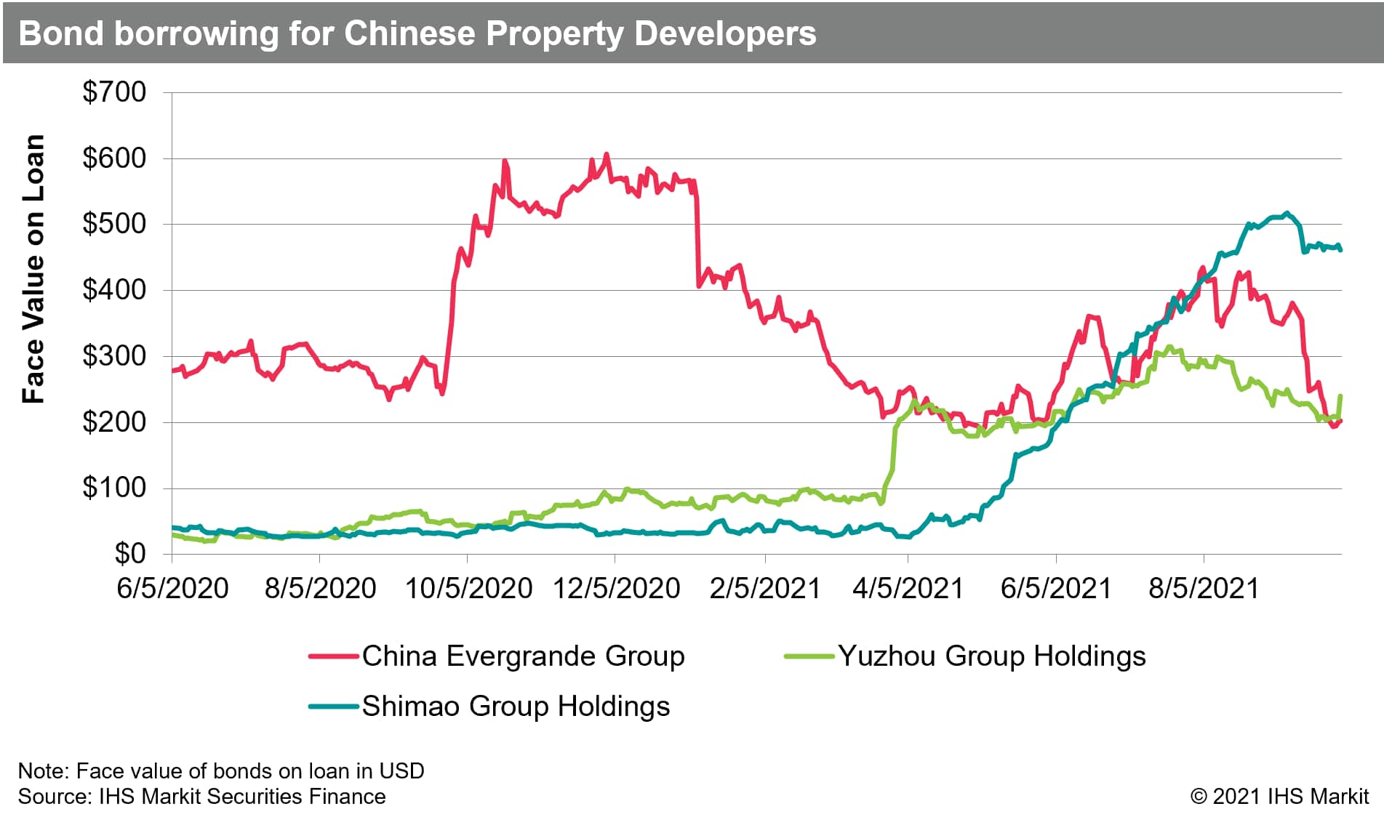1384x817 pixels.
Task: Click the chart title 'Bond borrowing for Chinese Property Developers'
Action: coord(417,33)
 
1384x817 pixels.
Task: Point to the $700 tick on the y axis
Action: coord(114,92)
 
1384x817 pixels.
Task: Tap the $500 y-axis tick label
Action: coord(114,224)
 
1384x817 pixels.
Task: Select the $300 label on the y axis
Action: coord(114,356)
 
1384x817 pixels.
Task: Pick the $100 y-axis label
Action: coord(114,488)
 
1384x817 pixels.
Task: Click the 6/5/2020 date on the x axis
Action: coord(173,588)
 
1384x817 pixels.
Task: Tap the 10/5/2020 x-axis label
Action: coord(468,588)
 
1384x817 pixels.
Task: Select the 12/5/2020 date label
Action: coord(616,588)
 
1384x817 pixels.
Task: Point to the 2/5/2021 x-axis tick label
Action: coord(764,588)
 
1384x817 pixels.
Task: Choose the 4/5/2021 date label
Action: coord(908,588)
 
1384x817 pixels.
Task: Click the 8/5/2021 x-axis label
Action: coord(1204,588)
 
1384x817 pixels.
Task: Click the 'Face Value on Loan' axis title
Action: coord(33,269)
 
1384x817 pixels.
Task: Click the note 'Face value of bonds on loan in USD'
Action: coord(221,770)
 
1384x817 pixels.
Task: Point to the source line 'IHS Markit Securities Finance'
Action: coord(202,796)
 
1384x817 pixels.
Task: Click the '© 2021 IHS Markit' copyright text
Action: coord(1279,796)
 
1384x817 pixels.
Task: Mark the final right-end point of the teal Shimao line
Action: coord(1340,250)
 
